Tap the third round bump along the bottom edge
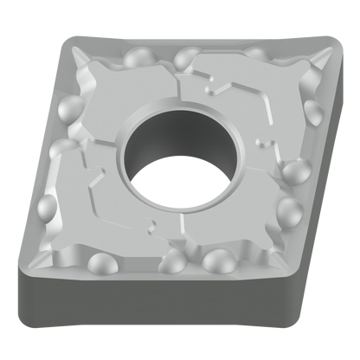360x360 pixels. click(x=219, y=260)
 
